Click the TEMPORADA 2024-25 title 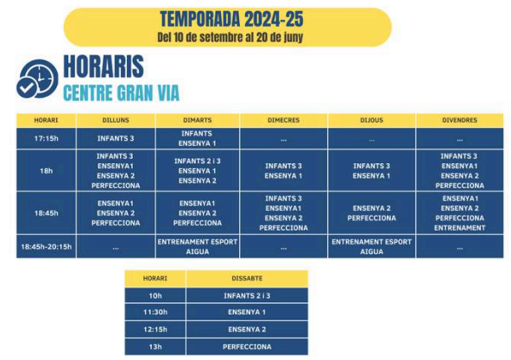click(231, 19)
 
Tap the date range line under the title click(230, 37)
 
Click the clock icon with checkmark click(37, 79)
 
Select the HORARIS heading click(104, 66)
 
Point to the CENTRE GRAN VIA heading click(121, 93)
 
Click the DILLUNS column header click(116, 120)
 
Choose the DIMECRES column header click(283, 120)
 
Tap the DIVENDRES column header click(459, 120)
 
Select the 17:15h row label click(47, 138)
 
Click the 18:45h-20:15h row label click(47, 247)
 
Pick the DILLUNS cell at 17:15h click(116, 138)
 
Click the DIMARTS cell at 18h click(198, 171)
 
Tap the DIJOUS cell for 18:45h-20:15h click(371, 247)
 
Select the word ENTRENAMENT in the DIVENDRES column click(459, 228)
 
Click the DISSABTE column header click(247, 279)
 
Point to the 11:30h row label click(155, 312)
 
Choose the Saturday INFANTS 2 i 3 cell click(247, 296)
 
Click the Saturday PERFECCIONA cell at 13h click(247, 347)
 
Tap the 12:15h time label click(155, 329)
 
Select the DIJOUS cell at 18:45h click(371, 213)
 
